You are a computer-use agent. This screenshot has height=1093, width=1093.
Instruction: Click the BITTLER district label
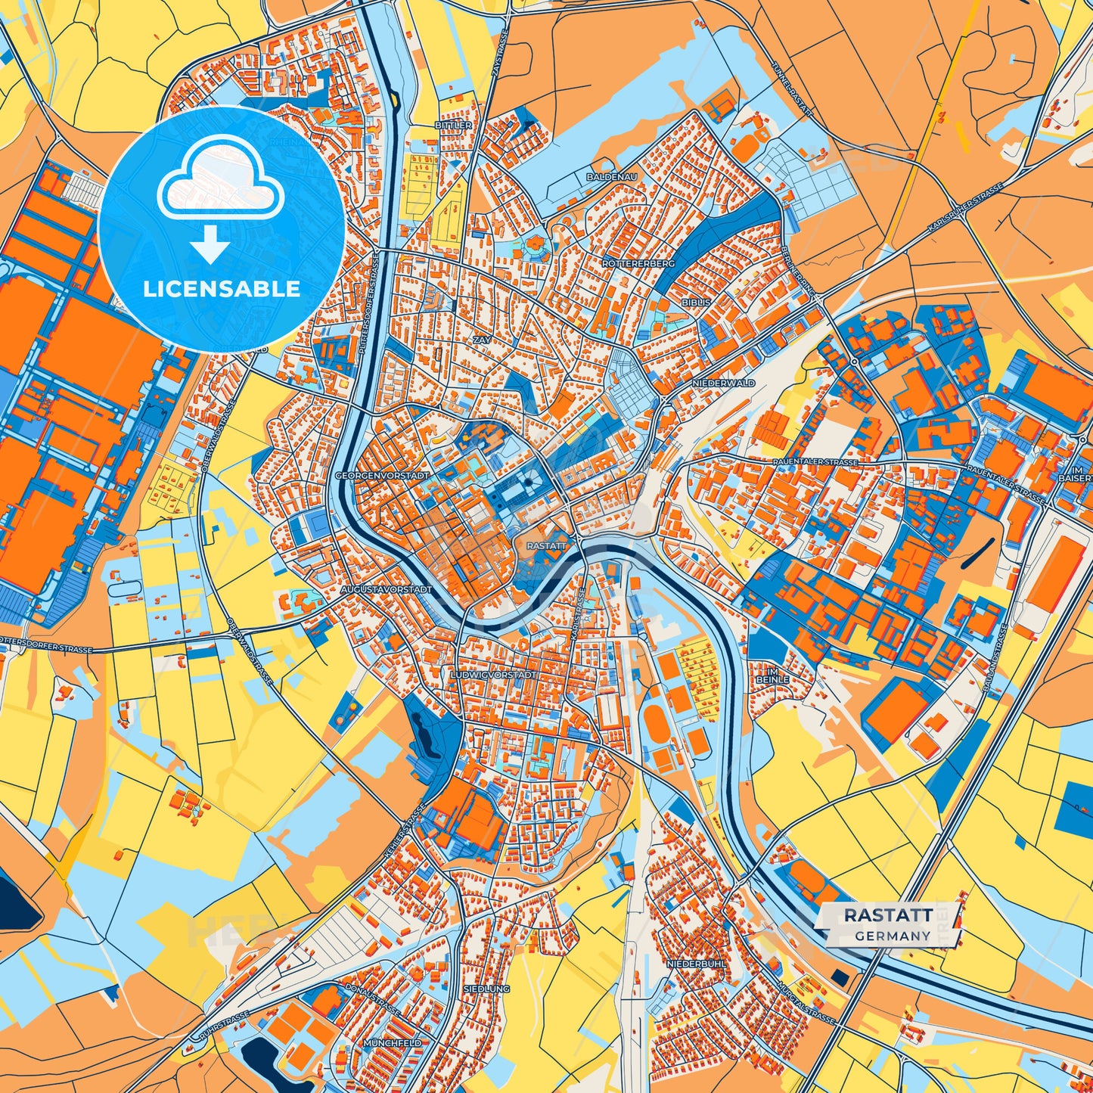[x=453, y=125]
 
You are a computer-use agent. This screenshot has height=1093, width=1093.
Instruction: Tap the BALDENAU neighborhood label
[x=612, y=176]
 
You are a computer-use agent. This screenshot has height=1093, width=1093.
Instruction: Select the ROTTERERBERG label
[x=638, y=263]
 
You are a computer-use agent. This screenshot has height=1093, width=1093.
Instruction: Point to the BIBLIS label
[x=696, y=301]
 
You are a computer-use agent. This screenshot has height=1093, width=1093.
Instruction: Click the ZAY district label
[x=482, y=341]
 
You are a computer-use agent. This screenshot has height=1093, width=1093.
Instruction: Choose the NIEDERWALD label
[x=724, y=383]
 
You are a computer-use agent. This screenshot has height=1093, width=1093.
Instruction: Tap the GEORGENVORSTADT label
[x=382, y=476]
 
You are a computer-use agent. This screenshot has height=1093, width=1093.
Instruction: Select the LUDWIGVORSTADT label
[x=492, y=674]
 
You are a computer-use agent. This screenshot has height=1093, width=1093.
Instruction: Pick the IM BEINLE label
[x=772, y=675]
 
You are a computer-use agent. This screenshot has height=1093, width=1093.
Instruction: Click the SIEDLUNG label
[x=488, y=989]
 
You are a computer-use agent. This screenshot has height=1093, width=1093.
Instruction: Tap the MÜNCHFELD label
[x=392, y=1042]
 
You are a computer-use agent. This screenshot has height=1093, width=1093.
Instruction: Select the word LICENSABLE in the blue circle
[x=221, y=289]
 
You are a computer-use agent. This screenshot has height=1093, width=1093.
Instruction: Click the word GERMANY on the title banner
[x=893, y=936]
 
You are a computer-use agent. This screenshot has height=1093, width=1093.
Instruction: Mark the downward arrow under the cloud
[x=210, y=244]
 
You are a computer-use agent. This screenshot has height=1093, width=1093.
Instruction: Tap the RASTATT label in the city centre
[x=546, y=545]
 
